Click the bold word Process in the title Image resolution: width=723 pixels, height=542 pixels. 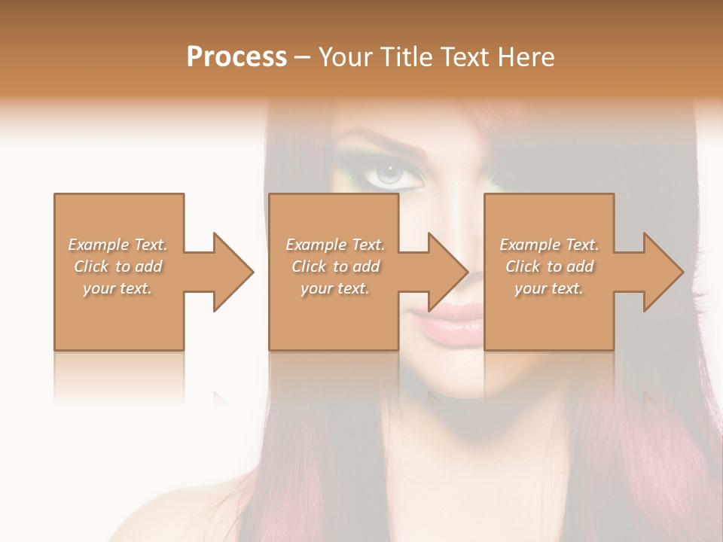236,57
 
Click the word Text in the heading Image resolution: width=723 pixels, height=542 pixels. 462,57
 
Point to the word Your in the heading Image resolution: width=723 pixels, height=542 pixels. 346,57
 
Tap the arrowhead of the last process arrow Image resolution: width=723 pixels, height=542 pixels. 664,272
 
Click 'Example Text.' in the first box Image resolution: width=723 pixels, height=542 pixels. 118,245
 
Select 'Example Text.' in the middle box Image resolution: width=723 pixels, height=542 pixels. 335,245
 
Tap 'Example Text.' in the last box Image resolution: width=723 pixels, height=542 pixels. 549,245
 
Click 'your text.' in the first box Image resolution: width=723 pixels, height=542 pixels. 118,288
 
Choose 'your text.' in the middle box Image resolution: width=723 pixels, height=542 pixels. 335,288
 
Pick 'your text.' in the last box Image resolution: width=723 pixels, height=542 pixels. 549,288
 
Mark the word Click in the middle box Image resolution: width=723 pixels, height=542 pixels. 309,266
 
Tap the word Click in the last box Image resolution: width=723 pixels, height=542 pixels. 523,266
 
